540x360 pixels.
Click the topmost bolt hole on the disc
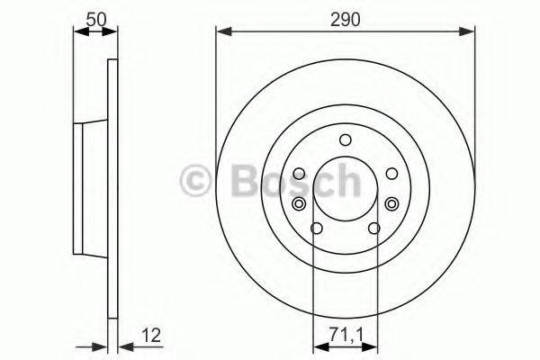point(345,139)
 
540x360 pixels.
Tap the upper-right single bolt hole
point(391,174)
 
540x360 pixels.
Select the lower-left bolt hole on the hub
point(314,228)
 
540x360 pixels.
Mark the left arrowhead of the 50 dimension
point(78,31)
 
